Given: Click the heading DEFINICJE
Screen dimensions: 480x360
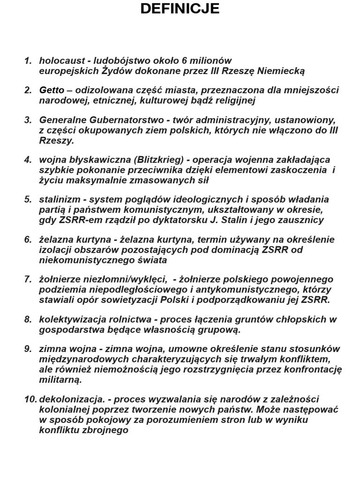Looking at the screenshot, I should [180, 8].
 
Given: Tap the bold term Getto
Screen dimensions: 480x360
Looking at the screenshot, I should [52, 90].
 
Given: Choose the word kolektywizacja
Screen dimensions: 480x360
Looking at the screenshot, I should [70, 319].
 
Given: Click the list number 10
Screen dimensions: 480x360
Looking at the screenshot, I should [30, 399].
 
